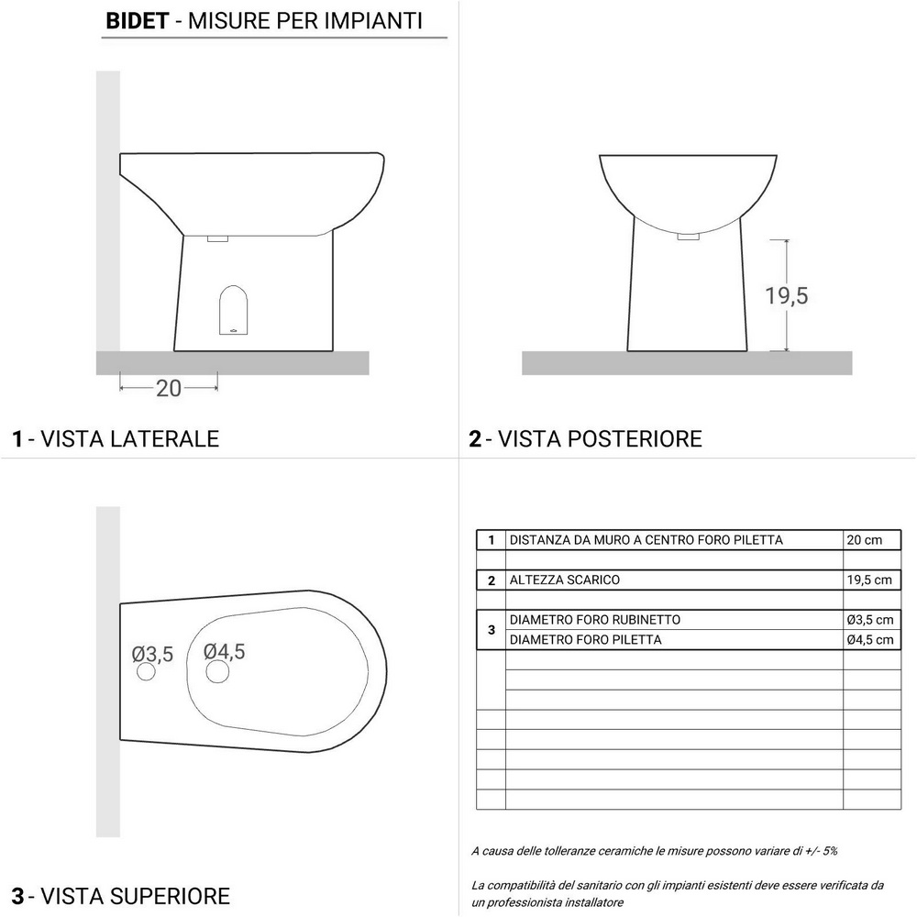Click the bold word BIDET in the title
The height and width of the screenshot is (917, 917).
[137, 20]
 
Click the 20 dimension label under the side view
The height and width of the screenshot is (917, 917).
[169, 388]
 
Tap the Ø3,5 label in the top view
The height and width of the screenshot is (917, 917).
[152, 654]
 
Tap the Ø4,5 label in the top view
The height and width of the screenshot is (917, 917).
[225, 650]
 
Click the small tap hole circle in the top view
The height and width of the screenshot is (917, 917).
[146, 673]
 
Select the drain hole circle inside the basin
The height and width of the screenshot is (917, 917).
[217, 672]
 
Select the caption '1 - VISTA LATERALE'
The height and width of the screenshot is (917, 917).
[116, 438]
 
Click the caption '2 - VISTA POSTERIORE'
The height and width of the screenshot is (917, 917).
[585, 438]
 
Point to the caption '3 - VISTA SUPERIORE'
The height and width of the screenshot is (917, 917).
[120, 894]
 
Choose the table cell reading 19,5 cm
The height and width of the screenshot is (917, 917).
[868, 580]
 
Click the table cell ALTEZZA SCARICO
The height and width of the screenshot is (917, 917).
[565, 580]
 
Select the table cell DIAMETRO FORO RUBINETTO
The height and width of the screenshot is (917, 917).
[594, 620]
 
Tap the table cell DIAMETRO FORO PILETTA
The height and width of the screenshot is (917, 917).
[585, 639]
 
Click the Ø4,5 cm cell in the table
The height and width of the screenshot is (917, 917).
[868, 639]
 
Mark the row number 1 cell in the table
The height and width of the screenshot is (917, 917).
[492, 540]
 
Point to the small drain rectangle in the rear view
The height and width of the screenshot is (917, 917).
[688, 237]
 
